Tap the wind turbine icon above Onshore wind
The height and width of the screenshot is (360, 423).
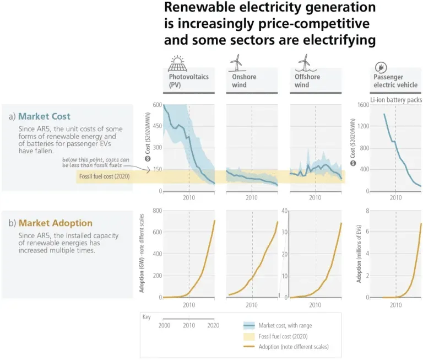pyautogui.click(x=235, y=62)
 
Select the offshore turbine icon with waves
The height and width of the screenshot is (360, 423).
pyautogui.click(x=302, y=62)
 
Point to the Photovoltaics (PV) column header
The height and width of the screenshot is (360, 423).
pyautogui.click(x=188, y=81)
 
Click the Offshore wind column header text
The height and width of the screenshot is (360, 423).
pyautogui.click(x=307, y=81)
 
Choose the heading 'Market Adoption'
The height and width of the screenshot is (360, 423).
pyautogui.click(x=55, y=223)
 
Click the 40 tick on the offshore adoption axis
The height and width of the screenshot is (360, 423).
pyautogui.click(x=285, y=211)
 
